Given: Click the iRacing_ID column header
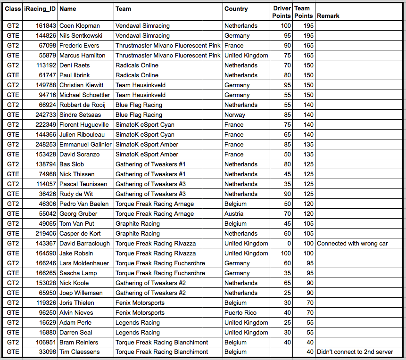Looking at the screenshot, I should pos(40,8).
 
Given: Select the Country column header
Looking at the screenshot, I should pos(236,8).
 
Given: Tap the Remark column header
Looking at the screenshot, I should pos(328,16).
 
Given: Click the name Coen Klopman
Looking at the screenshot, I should pos(79,25).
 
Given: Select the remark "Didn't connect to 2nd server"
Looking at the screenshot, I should pos(354,352).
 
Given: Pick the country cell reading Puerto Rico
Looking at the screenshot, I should pos(240,312).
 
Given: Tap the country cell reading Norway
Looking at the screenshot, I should pos(235,115).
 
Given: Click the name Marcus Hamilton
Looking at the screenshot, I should pos(83,55).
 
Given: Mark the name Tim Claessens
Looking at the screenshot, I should pos(80,352).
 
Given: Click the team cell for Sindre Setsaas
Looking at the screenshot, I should pos(139,115).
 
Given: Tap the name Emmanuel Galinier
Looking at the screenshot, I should pos(85,144).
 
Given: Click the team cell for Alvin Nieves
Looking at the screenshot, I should pos(140,312).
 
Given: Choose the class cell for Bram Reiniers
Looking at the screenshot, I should pos(13,342).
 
